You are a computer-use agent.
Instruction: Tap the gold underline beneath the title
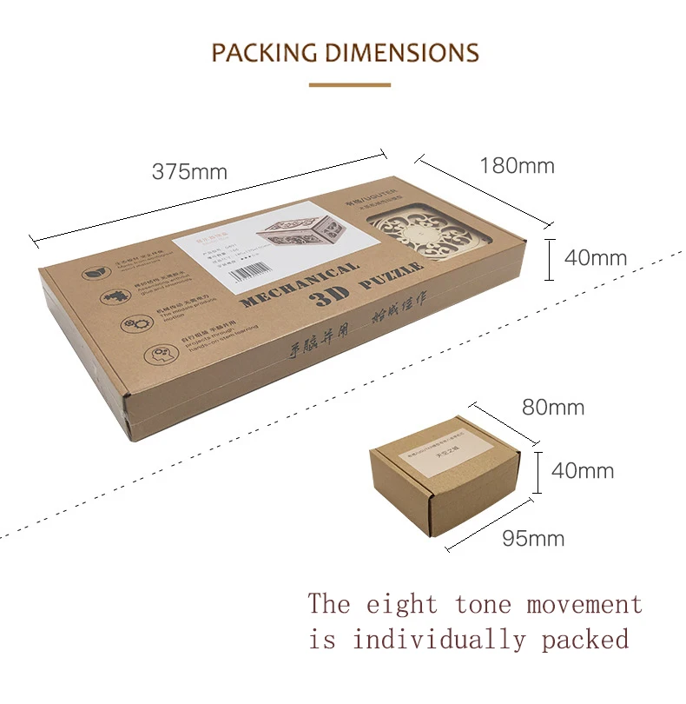(343, 85)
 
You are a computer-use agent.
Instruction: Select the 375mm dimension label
(189, 171)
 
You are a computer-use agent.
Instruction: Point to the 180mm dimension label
(517, 166)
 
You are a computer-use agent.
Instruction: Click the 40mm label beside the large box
(595, 258)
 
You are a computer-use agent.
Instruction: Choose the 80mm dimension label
(553, 407)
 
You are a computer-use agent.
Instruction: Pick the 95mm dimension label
(533, 539)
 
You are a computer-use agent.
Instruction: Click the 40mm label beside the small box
(583, 471)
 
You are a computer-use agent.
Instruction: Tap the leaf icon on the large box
(93, 273)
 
